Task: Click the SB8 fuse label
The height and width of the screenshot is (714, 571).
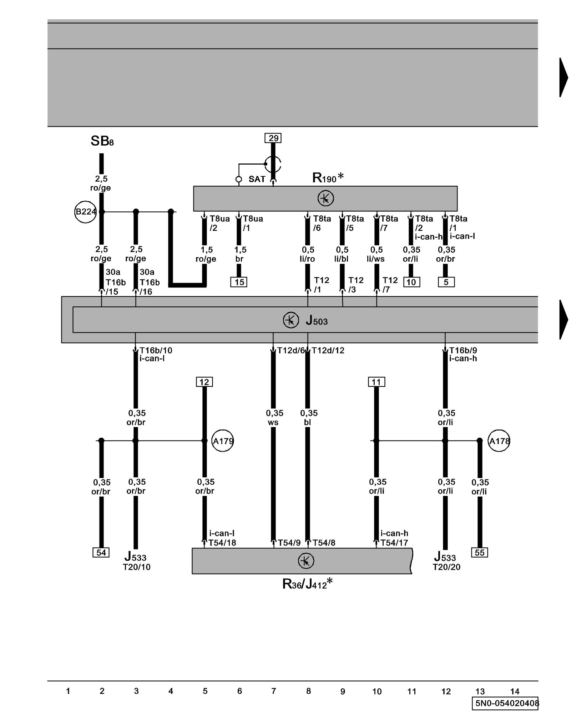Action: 102,141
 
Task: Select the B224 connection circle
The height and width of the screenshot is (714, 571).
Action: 85,212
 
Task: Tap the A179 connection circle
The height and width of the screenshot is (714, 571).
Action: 223,441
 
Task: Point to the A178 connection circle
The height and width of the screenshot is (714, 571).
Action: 499,441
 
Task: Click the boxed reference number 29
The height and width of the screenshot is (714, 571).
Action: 273,138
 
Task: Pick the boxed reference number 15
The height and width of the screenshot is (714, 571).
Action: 239,282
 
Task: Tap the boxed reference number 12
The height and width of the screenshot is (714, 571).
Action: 204,382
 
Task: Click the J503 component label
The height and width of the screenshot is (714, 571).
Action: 317,321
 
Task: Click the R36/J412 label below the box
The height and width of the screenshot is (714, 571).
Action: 307,584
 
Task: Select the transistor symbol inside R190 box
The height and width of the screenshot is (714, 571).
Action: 325,198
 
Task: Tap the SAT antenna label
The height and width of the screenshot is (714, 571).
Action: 257,179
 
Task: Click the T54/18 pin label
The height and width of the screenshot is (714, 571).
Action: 222,543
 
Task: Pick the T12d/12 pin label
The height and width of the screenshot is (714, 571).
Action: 328,351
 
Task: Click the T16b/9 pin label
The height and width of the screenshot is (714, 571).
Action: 463,351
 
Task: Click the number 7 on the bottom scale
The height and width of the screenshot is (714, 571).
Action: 274,691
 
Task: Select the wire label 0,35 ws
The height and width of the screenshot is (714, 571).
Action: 274,418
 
